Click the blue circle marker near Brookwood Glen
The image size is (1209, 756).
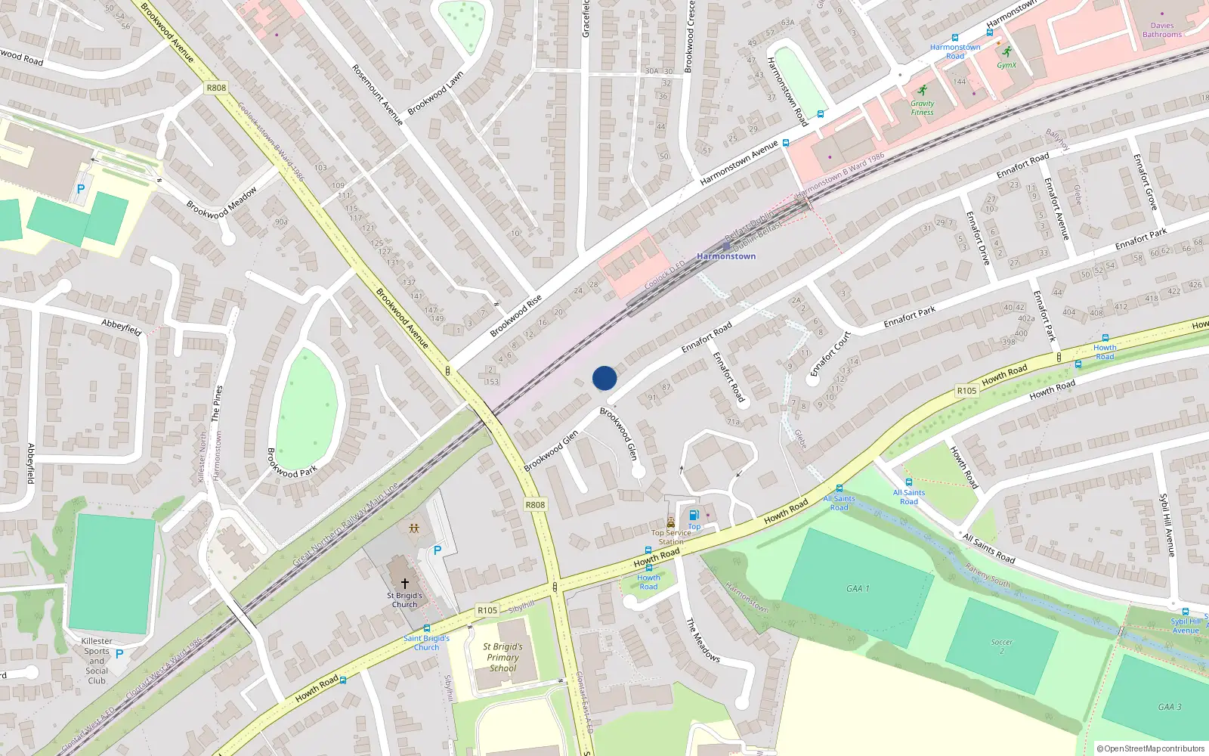point(604,378)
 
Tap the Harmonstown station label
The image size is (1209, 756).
point(726,256)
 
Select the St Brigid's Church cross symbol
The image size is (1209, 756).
point(405,584)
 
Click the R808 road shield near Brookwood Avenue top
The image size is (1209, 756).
point(216,88)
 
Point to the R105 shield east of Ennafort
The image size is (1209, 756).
point(966,391)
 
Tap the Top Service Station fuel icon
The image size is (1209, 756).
point(694,516)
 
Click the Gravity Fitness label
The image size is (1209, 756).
point(922,108)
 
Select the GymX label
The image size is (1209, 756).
point(1006,65)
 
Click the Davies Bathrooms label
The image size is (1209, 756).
point(1162,30)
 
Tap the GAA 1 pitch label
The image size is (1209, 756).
point(858,588)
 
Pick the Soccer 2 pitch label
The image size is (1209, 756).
point(1002,646)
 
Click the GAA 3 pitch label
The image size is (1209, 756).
point(1170,707)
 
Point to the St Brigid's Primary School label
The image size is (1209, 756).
point(503,658)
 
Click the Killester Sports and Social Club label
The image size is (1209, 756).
point(97,661)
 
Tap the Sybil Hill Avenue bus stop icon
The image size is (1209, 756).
point(1185,612)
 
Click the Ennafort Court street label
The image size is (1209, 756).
point(830,354)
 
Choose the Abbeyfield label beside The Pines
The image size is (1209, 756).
point(122,327)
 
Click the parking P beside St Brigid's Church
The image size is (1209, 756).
point(437,551)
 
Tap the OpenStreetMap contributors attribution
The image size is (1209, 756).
point(1150,748)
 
